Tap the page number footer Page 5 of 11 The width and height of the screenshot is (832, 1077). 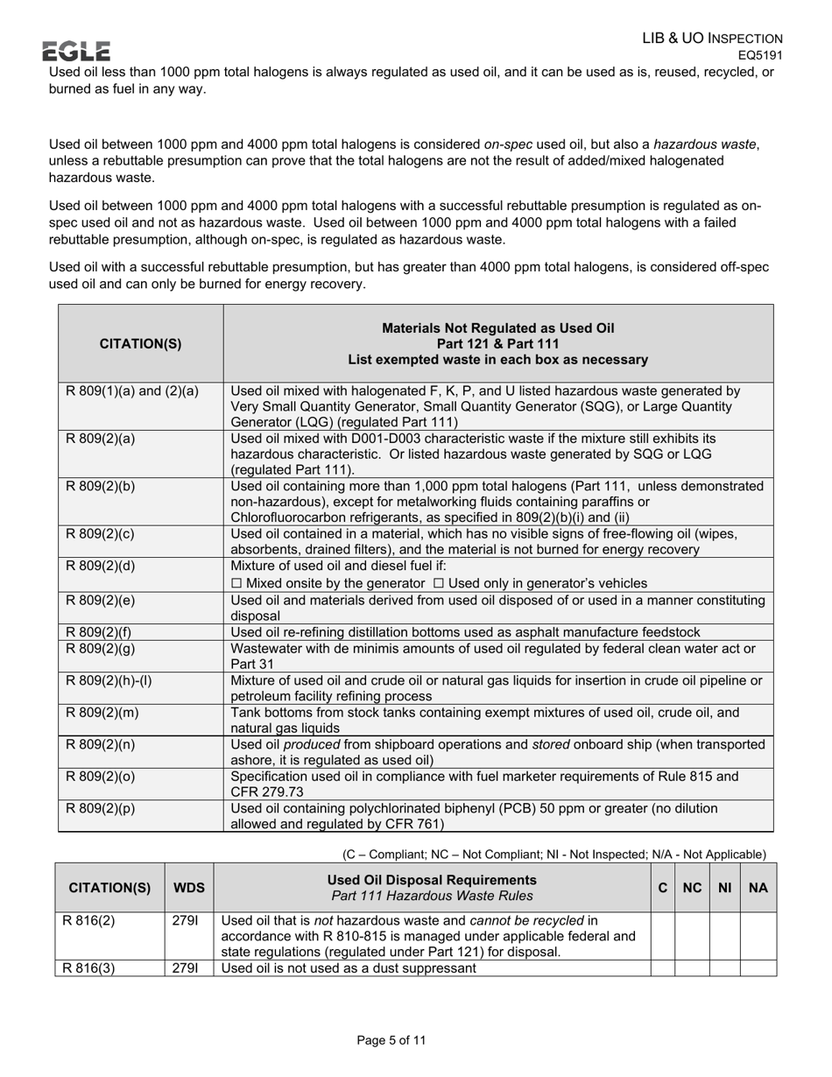point(391,1040)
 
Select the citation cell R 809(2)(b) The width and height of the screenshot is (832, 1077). point(100,486)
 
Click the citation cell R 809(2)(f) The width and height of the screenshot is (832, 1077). point(99,632)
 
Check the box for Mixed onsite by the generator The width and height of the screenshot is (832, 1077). point(236,584)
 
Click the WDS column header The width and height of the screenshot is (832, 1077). point(189,887)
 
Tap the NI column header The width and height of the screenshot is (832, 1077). point(724,887)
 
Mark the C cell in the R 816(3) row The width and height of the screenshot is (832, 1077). point(663,968)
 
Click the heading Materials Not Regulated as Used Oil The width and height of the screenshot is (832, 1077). point(497,328)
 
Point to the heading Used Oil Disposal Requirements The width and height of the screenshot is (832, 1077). point(431,879)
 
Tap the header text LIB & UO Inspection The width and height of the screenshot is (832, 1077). point(712,39)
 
